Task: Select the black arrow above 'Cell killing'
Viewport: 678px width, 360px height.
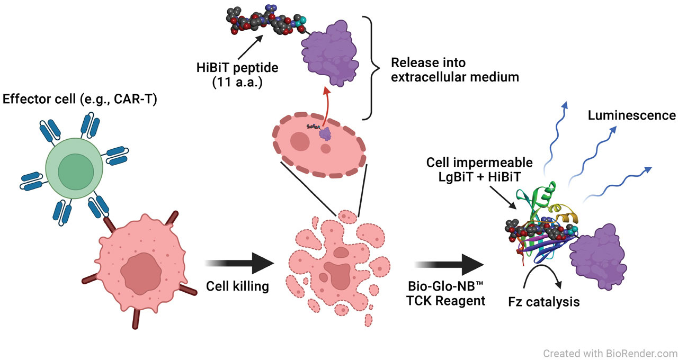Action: pos(242,263)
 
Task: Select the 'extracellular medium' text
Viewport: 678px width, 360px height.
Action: pos(454,77)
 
